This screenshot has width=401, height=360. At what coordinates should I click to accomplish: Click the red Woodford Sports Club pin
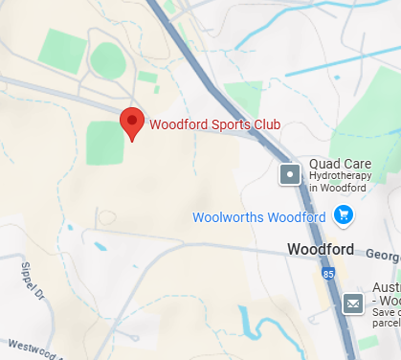pyautogui.click(x=131, y=123)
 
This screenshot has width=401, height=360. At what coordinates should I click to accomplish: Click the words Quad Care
pyautogui.click(x=332, y=164)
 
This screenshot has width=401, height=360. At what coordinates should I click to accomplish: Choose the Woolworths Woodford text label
pyautogui.click(x=258, y=217)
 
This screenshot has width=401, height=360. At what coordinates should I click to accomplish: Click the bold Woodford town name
pyautogui.click(x=321, y=251)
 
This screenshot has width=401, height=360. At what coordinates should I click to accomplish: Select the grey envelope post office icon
pyautogui.click(x=352, y=304)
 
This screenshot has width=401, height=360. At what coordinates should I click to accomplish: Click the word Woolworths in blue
pyautogui.click(x=229, y=217)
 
